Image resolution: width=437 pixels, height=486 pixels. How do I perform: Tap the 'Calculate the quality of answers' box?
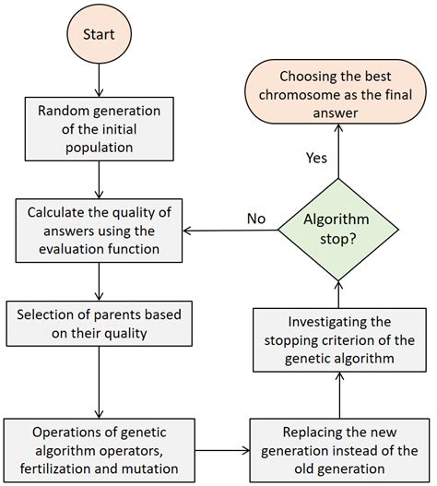[99, 232]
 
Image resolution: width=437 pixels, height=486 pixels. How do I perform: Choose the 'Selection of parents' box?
[99, 324]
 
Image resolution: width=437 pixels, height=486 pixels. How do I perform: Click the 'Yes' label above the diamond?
[316, 158]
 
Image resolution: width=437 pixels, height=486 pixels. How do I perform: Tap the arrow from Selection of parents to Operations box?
[99, 382]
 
